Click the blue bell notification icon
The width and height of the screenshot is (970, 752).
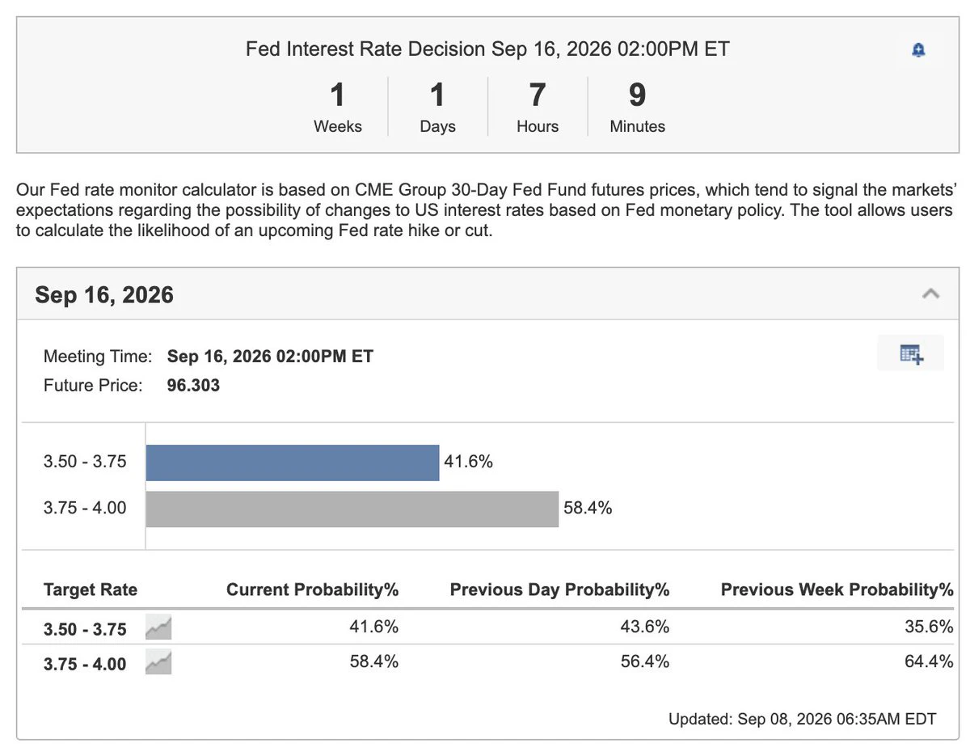(x=917, y=50)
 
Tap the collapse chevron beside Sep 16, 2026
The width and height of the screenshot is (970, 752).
(x=930, y=294)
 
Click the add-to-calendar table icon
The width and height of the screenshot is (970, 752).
(x=911, y=354)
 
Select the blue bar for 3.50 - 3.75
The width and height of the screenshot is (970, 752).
(x=292, y=463)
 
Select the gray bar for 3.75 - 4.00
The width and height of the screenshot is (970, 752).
(x=352, y=509)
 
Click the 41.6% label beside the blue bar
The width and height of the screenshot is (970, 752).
(x=467, y=461)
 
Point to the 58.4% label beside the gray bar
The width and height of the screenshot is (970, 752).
(x=587, y=508)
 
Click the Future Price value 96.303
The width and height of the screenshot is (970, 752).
(x=193, y=385)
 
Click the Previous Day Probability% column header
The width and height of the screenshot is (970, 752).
(x=559, y=589)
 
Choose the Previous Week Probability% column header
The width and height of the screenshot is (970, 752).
(x=837, y=589)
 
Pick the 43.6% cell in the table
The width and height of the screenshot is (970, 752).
(x=644, y=627)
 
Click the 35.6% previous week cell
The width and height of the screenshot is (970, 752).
(x=929, y=627)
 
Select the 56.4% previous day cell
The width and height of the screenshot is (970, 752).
(x=644, y=661)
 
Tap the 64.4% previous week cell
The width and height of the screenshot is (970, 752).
(x=929, y=661)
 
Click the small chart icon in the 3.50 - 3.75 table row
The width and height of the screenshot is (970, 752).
(x=158, y=627)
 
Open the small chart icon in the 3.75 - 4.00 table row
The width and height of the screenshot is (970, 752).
(x=158, y=662)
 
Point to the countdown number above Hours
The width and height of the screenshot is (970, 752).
(x=537, y=95)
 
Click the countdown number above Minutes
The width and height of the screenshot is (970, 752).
(x=636, y=95)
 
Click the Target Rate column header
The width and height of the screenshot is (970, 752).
(x=91, y=589)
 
